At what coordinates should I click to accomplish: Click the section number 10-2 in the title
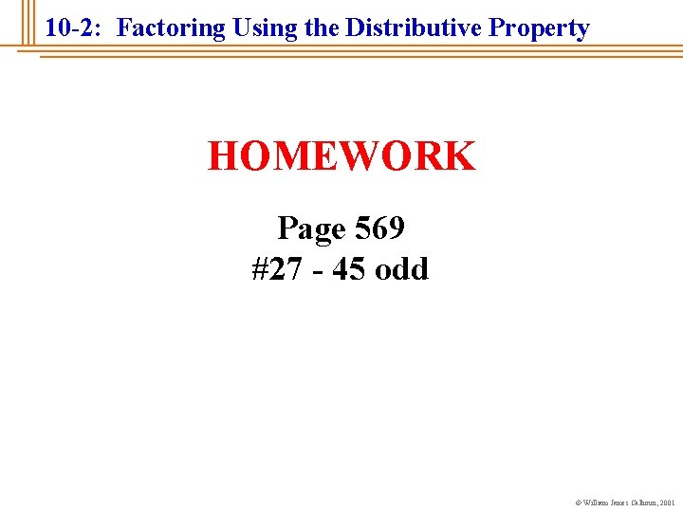tap(72, 28)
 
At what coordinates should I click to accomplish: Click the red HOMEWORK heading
tap(341, 156)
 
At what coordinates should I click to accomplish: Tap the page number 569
tap(380, 229)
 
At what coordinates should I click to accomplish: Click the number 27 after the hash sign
tap(285, 269)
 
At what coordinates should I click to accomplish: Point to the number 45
tap(347, 269)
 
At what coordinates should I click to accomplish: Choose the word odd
tap(402, 269)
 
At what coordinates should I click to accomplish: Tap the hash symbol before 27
tap(260, 269)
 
